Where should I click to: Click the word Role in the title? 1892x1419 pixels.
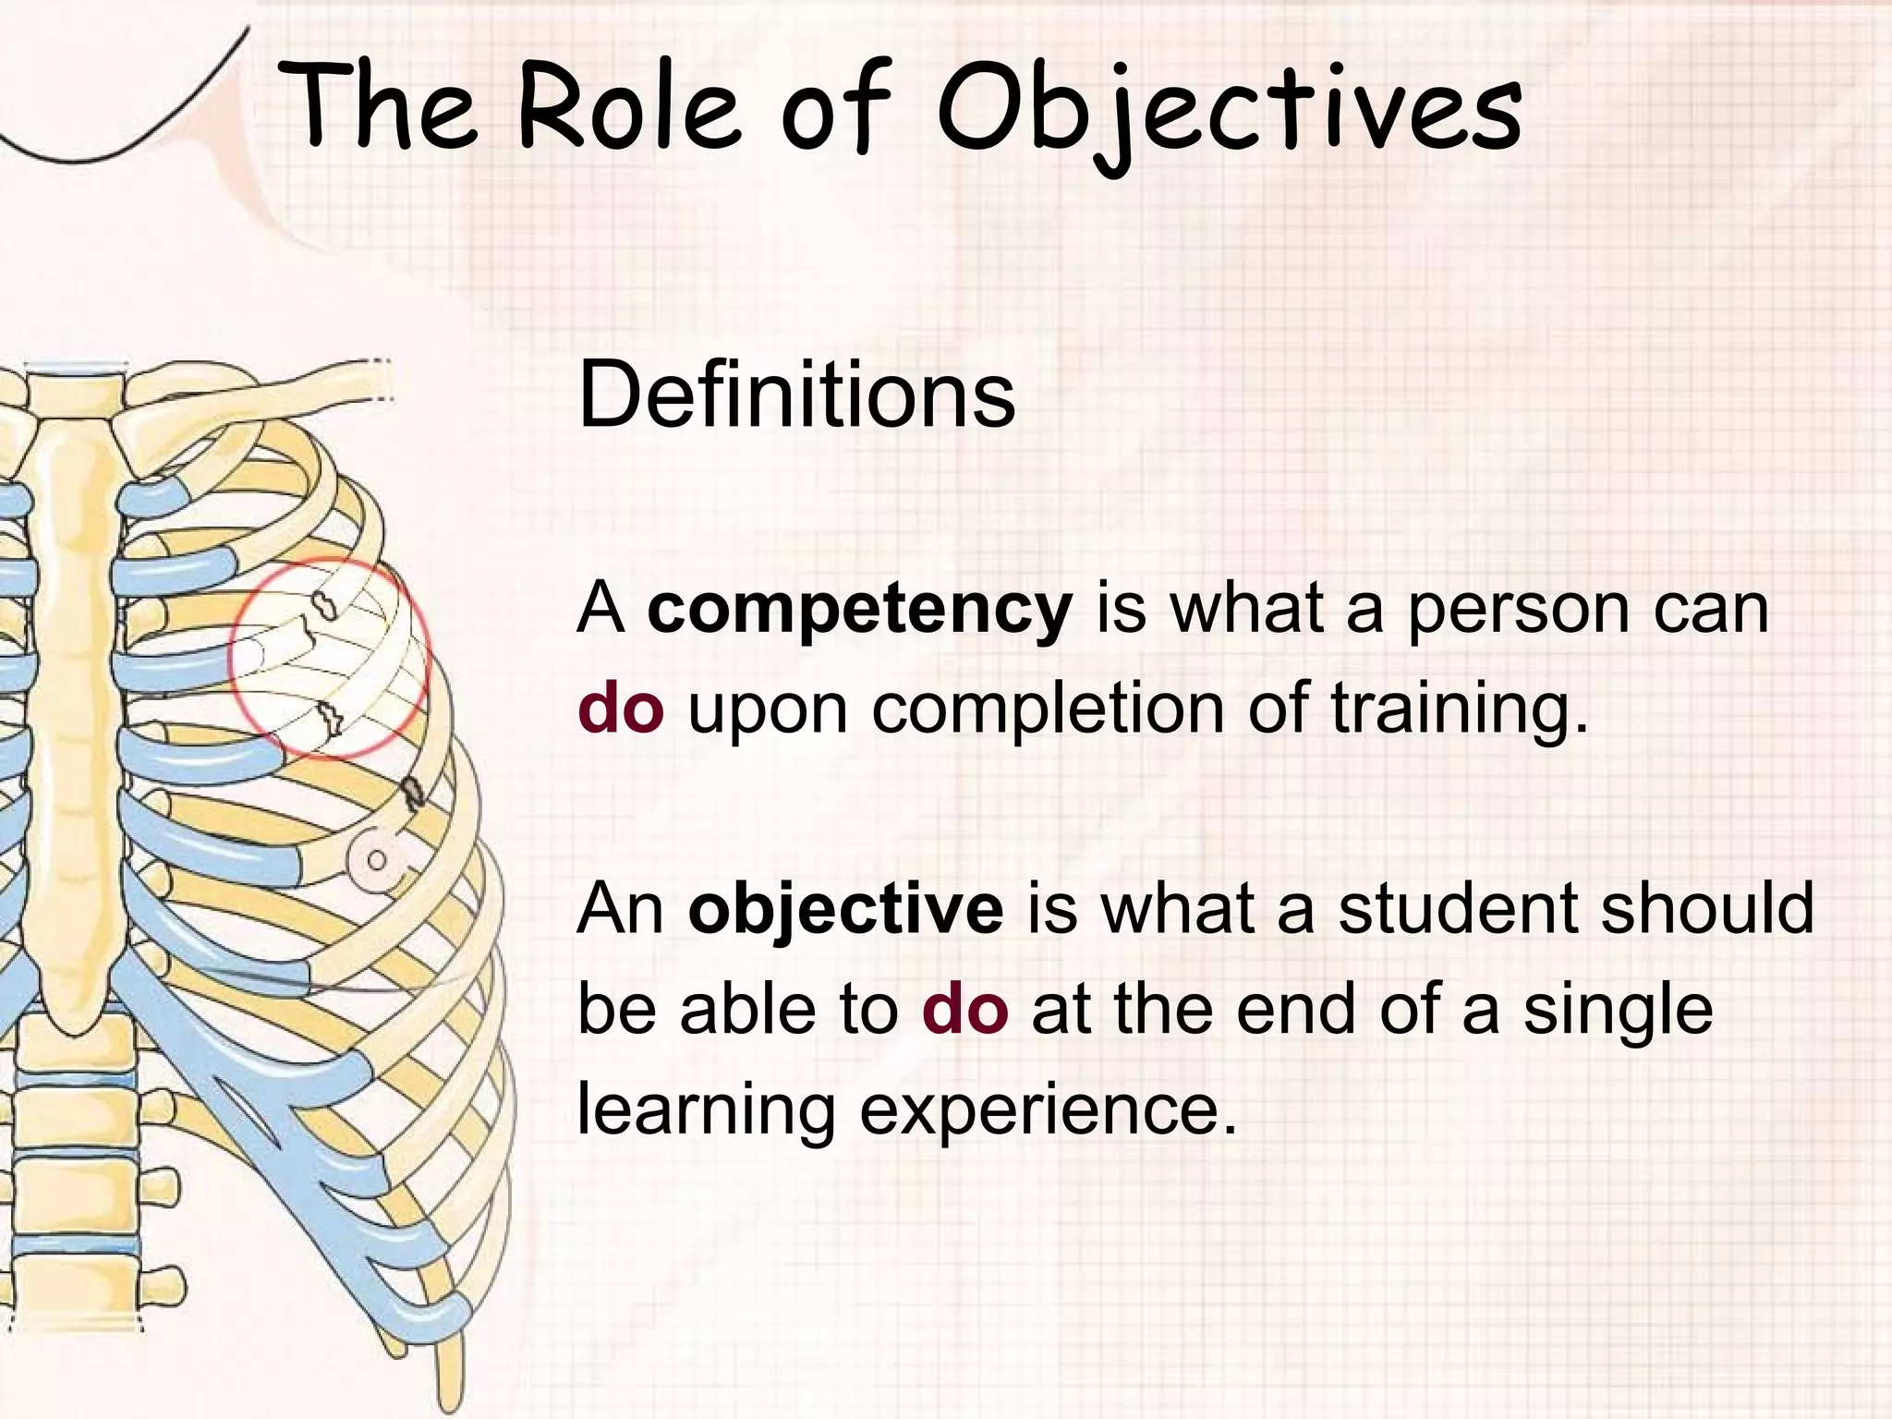[x=628, y=106]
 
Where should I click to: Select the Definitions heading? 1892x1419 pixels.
[x=796, y=395]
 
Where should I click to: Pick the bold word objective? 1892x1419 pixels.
[x=845, y=910]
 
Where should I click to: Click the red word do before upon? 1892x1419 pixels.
[x=621, y=709]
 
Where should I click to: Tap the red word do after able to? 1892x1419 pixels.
[x=964, y=1010]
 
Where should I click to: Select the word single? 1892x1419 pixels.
[x=1618, y=1010]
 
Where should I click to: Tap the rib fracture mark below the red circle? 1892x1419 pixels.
[x=413, y=793]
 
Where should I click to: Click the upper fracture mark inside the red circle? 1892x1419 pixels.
[x=323, y=604]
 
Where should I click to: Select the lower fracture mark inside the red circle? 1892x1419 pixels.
[x=330, y=716]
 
